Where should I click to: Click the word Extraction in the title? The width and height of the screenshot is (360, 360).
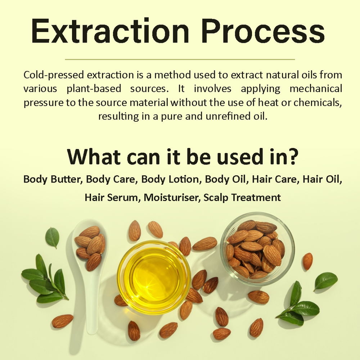(110, 31)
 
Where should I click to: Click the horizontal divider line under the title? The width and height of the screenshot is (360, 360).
(180, 59)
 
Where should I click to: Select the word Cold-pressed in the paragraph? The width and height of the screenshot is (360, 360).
(54, 75)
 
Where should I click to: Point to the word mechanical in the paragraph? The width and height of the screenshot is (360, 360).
(316, 89)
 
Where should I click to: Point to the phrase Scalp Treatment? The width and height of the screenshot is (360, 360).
(242, 197)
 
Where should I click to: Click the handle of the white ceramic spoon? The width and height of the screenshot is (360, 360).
(93, 305)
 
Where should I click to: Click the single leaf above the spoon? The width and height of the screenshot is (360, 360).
(52, 238)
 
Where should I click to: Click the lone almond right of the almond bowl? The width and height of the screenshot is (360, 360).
(308, 261)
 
